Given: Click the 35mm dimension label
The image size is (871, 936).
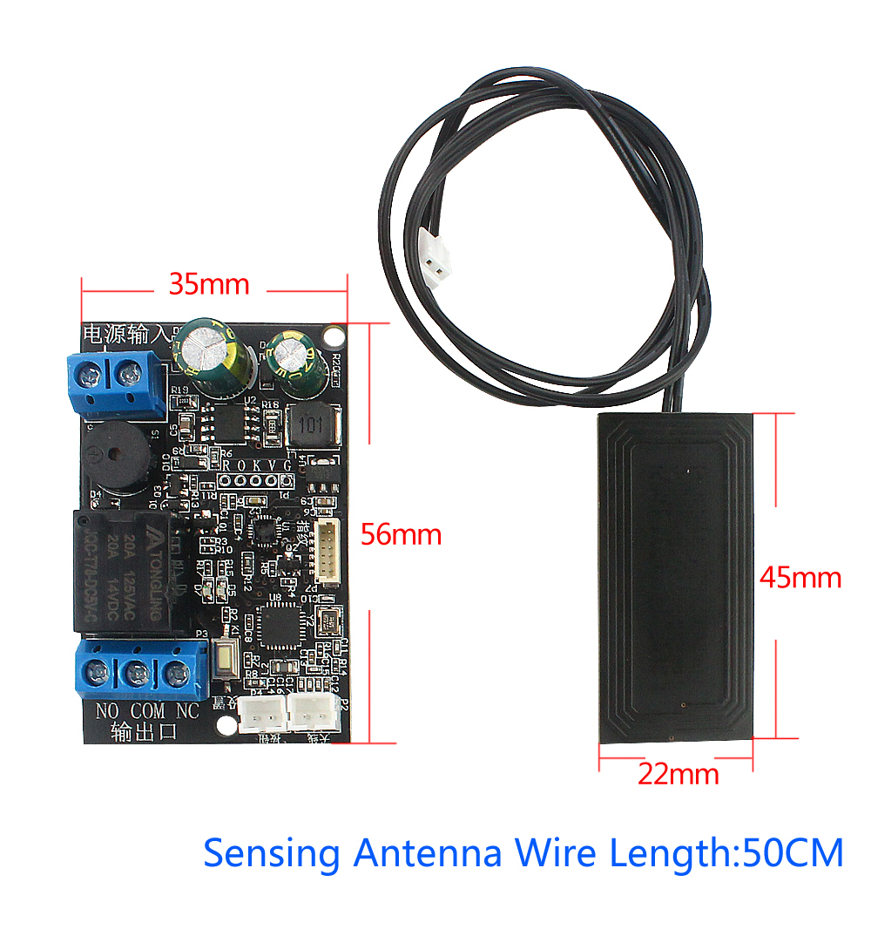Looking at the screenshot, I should point(209,284).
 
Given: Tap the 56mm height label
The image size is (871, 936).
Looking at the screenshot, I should point(402,534).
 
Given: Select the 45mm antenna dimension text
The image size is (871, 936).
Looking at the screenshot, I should point(800,577).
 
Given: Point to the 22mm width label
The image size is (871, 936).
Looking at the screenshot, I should point(679,773).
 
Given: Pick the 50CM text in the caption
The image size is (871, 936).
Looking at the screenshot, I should point(791,852).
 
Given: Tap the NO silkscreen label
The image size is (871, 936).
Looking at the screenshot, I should point(106,711).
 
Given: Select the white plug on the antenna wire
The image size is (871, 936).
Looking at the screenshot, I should point(434,256).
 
